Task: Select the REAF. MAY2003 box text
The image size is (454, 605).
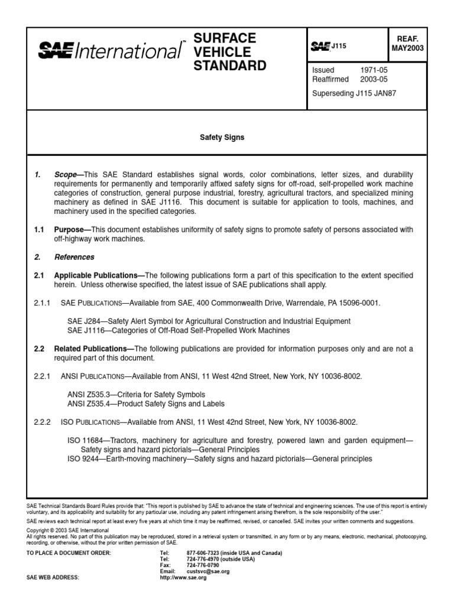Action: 407,43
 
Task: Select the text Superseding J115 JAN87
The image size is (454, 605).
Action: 354,93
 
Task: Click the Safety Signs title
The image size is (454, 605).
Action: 222,138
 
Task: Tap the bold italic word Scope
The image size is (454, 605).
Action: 66,175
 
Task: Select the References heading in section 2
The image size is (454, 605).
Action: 74,257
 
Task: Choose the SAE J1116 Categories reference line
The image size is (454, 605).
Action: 179,330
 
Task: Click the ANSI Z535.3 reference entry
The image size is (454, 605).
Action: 137,394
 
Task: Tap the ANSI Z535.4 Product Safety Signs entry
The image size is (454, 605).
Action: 146,404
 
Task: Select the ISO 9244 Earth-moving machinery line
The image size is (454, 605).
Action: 219,458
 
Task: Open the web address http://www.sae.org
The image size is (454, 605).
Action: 183,577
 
